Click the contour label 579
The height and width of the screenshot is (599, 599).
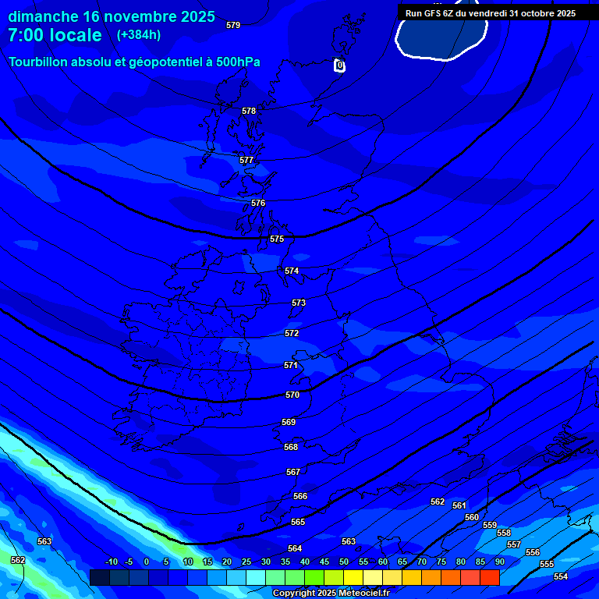[233, 26]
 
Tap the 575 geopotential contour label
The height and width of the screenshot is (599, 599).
[277, 239]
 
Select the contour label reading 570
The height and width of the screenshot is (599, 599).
[292, 395]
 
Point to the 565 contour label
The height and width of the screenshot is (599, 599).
[298, 523]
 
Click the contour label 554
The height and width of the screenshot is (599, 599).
[561, 577]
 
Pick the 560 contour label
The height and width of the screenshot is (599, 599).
[472, 518]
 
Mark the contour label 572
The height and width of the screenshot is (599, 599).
[292, 334]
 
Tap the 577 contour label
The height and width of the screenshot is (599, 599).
[246, 161]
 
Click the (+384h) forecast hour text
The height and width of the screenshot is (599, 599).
[139, 35]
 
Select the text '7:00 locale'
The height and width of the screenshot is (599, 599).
[55, 35]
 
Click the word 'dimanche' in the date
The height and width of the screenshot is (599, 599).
[43, 16]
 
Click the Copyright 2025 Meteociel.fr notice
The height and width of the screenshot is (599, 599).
[331, 594]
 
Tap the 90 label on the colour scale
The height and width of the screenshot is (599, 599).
[499, 562]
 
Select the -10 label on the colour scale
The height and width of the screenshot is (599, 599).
[112, 562]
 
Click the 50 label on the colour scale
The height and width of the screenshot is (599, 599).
[344, 562]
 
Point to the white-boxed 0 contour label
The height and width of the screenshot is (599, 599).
[339, 66]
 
